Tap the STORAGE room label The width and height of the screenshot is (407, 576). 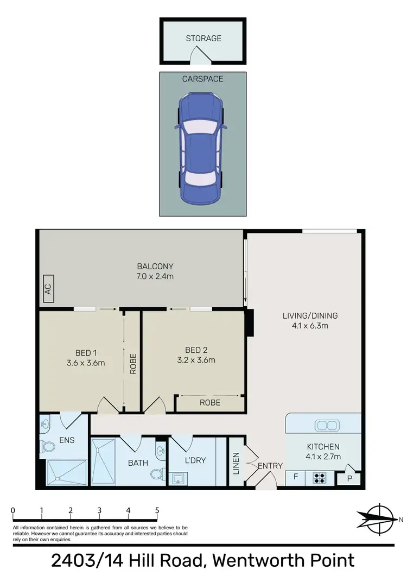coord(203,39)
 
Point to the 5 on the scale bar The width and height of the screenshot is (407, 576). coord(157,510)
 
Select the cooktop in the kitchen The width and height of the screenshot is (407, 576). coord(320,478)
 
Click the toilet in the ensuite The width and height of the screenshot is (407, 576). coord(48,447)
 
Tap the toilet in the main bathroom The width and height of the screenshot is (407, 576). coord(157,473)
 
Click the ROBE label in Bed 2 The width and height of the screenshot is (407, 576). coord(209,403)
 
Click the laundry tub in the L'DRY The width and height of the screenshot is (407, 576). coord(177,478)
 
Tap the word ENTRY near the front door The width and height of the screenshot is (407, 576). coord(270,466)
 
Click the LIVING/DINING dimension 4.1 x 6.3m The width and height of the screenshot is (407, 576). coord(306,326)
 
